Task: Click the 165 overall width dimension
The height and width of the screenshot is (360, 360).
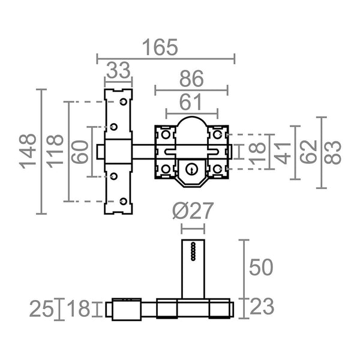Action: tap(160, 47)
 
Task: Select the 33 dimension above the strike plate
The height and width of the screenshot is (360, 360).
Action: tap(118, 70)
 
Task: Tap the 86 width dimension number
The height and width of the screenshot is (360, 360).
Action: tap(191, 79)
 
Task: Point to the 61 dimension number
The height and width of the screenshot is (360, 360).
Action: tap(190, 102)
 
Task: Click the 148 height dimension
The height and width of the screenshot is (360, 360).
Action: tap(28, 151)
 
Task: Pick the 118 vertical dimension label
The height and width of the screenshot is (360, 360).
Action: tap(55, 151)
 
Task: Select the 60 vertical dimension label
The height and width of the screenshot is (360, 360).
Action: tap(80, 152)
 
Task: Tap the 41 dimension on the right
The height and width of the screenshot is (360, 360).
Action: tap(283, 153)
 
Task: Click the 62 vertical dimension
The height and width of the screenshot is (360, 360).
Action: tap(308, 152)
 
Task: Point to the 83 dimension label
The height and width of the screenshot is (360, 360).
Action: tap(333, 152)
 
